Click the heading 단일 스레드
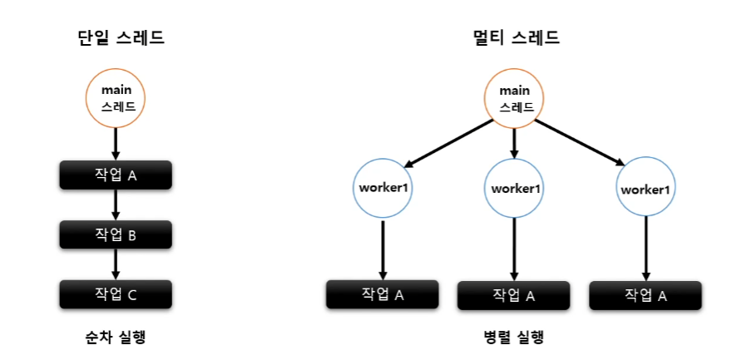coord(116,38)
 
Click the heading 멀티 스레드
coord(514,38)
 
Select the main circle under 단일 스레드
coord(116,97)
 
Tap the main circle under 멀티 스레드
coord(515,97)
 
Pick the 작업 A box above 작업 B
coord(116,175)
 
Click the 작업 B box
coord(116,234)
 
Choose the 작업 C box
coord(116,293)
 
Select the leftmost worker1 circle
coord(383,187)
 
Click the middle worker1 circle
coord(515,188)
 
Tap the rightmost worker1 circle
coord(646,189)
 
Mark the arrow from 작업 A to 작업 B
coord(116,205)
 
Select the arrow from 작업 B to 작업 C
coord(116,264)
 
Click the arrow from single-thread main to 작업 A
coord(116,144)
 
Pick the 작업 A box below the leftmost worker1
coord(382,293)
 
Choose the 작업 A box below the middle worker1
coord(514,294)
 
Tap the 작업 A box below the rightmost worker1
coord(646,294)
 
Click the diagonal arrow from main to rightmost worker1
coord(581,143)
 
